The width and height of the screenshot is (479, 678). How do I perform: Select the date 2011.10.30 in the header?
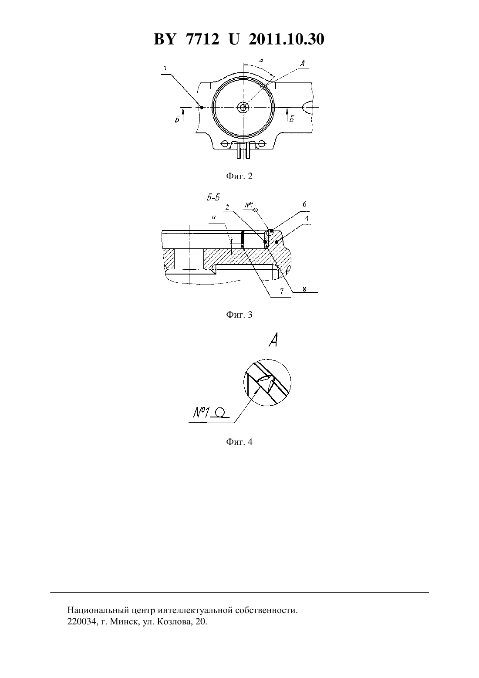pos(287,39)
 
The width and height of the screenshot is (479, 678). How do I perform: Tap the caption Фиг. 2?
pos(239,176)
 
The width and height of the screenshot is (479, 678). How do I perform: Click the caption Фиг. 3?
pos(239,315)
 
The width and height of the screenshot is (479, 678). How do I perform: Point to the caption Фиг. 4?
pos(239,441)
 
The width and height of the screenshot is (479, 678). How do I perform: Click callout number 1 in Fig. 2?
pos(165,68)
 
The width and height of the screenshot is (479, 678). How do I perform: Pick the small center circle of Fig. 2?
pos(243,107)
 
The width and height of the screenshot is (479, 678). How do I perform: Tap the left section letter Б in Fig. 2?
pos(177,119)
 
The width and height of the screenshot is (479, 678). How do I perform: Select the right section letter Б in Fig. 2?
pos(291,119)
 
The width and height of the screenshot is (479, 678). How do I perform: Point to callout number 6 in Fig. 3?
pos(304,204)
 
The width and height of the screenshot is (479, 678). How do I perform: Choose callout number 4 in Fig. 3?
pos(307,218)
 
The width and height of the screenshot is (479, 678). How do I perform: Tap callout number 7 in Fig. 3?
pos(282,291)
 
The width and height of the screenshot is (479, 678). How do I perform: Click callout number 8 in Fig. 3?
pos(304,289)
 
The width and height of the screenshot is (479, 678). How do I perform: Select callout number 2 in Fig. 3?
pos(227,207)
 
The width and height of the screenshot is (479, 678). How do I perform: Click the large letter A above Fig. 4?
pos(273,340)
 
